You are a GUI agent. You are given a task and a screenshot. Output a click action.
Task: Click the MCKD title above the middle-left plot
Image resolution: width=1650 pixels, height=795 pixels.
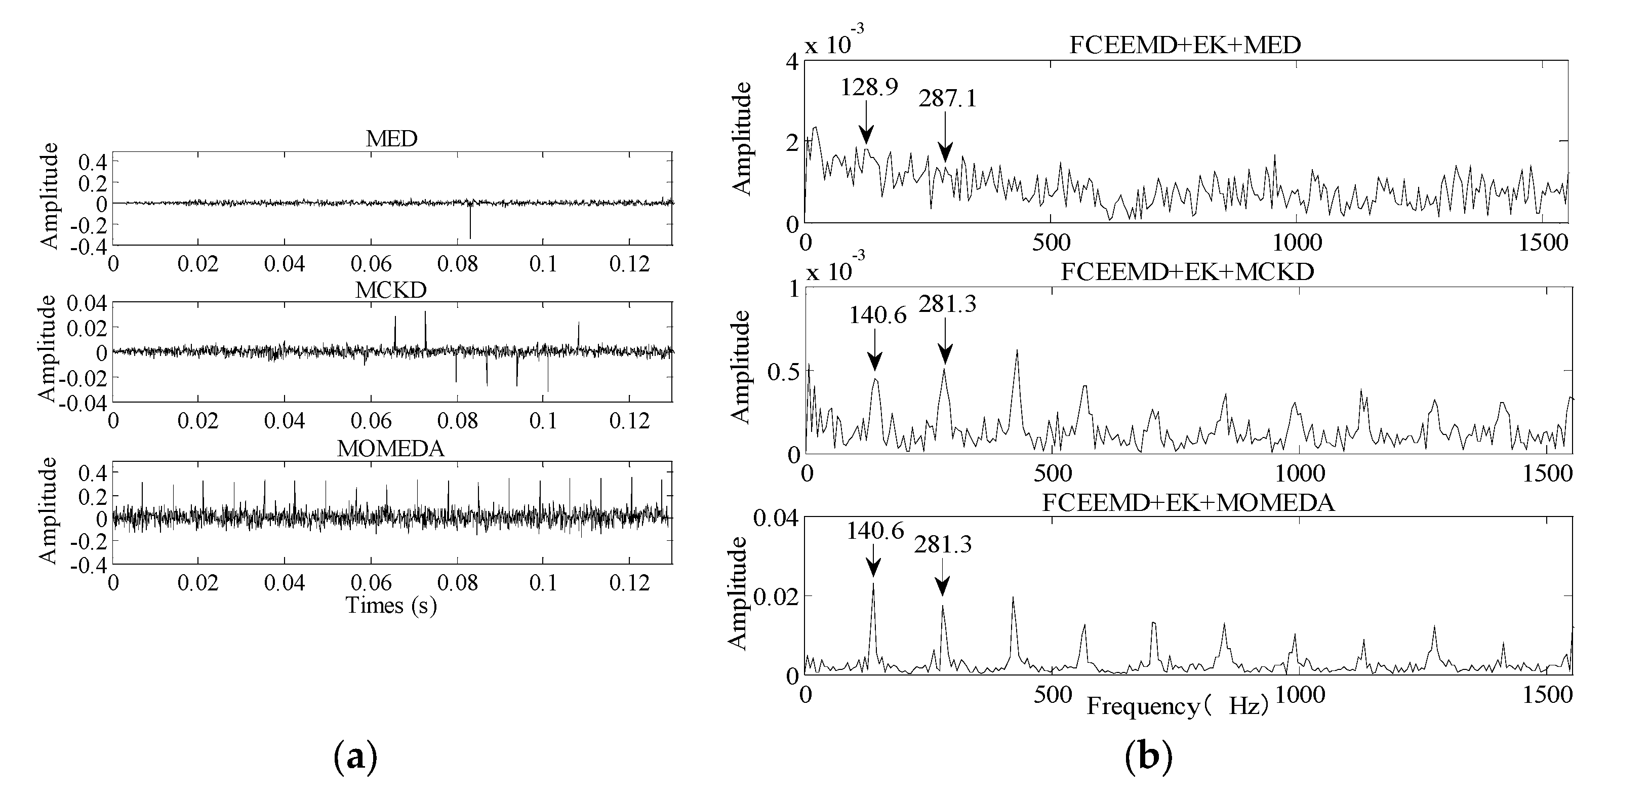click(x=391, y=290)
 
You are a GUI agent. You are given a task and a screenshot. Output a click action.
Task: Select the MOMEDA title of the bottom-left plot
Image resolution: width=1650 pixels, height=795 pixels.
click(x=391, y=449)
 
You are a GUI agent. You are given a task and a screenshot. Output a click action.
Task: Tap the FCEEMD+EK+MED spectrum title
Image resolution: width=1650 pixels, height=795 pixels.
click(x=1186, y=45)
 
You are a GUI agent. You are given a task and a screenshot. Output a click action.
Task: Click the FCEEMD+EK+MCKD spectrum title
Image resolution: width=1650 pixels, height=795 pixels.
click(x=1187, y=271)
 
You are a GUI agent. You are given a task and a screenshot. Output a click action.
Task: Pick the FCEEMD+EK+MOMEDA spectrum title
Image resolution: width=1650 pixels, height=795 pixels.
click(x=1188, y=502)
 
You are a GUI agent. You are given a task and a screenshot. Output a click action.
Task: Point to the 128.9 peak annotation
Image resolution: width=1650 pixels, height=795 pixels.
click(x=869, y=87)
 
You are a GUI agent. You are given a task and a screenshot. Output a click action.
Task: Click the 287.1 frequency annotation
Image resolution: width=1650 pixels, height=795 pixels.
click(x=947, y=99)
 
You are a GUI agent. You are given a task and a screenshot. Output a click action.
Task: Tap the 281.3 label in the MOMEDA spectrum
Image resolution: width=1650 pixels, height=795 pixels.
click(x=942, y=544)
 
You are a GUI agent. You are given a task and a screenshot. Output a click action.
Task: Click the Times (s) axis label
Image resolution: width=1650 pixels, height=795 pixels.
click(x=391, y=606)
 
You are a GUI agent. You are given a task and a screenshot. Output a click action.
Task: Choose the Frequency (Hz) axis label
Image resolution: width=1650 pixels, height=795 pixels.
click(x=1177, y=706)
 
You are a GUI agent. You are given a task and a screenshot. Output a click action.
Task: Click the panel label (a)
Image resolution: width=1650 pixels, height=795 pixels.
click(x=355, y=758)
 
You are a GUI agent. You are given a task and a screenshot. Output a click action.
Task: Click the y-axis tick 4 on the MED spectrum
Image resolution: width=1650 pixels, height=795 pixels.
click(x=792, y=62)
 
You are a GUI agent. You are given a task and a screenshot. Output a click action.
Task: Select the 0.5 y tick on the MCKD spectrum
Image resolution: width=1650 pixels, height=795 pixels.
click(x=783, y=372)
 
